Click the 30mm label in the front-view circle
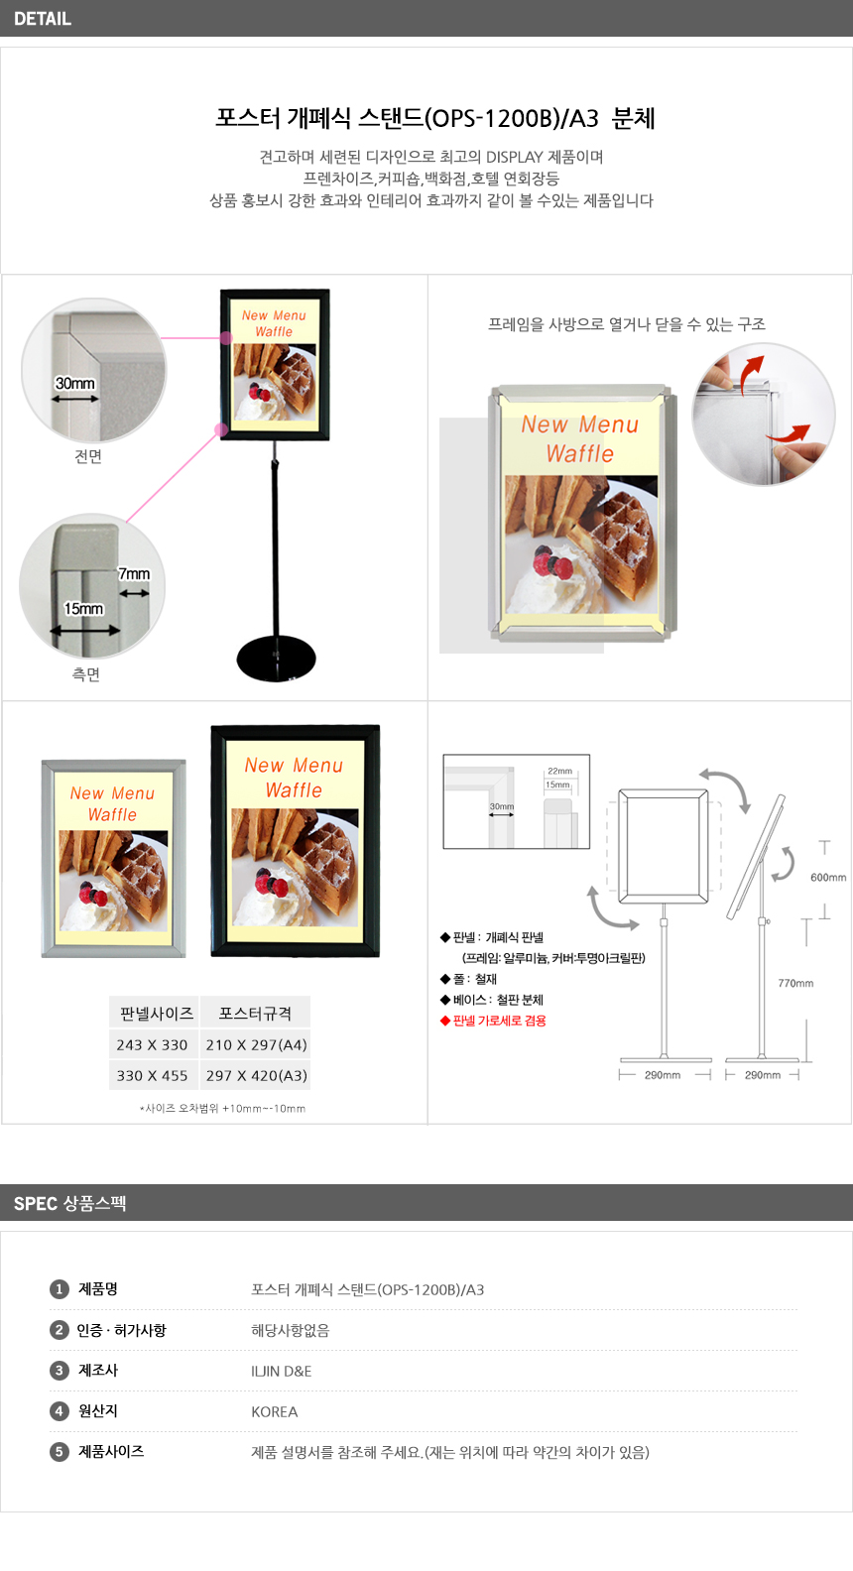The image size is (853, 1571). click(x=75, y=384)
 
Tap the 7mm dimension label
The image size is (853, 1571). click(x=134, y=573)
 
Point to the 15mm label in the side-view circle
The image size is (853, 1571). click(x=83, y=609)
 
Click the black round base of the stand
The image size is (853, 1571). click(x=276, y=659)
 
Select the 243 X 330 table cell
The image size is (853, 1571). click(x=152, y=1045)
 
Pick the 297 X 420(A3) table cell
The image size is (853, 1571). click(x=257, y=1076)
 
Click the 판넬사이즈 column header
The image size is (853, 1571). click(x=157, y=1014)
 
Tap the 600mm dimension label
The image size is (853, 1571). click(x=828, y=878)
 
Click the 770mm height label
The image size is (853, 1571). click(x=795, y=983)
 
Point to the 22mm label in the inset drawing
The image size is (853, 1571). click(x=559, y=772)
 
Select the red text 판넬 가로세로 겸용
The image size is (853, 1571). click(x=499, y=1021)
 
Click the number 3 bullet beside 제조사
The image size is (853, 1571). click(x=59, y=1371)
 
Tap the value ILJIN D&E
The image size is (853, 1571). click(x=282, y=1371)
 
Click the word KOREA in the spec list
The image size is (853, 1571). click(x=275, y=1411)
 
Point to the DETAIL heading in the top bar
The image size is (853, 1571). click(x=43, y=19)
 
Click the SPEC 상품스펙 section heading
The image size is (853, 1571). click(x=70, y=1203)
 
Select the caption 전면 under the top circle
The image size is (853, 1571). click(x=88, y=456)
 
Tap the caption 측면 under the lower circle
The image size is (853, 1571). click(x=86, y=674)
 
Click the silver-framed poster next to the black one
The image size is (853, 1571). click(x=114, y=859)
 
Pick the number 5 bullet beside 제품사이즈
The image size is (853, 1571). click(x=59, y=1452)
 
